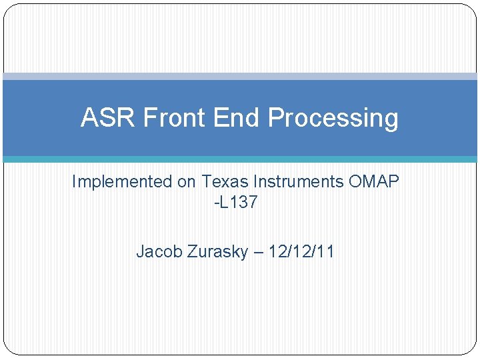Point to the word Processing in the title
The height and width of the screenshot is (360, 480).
[333, 119]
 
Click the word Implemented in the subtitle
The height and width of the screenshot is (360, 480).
[121, 182]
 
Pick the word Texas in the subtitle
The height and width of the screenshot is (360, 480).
[222, 181]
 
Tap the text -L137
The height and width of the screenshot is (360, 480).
[235, 203]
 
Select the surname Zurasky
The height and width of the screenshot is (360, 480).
[214, 252]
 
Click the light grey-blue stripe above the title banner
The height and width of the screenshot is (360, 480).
[240, 76]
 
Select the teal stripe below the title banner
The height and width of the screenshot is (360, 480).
[240, 159]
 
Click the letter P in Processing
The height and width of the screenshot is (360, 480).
[275, 118]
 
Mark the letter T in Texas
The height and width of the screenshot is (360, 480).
[206, 181]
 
